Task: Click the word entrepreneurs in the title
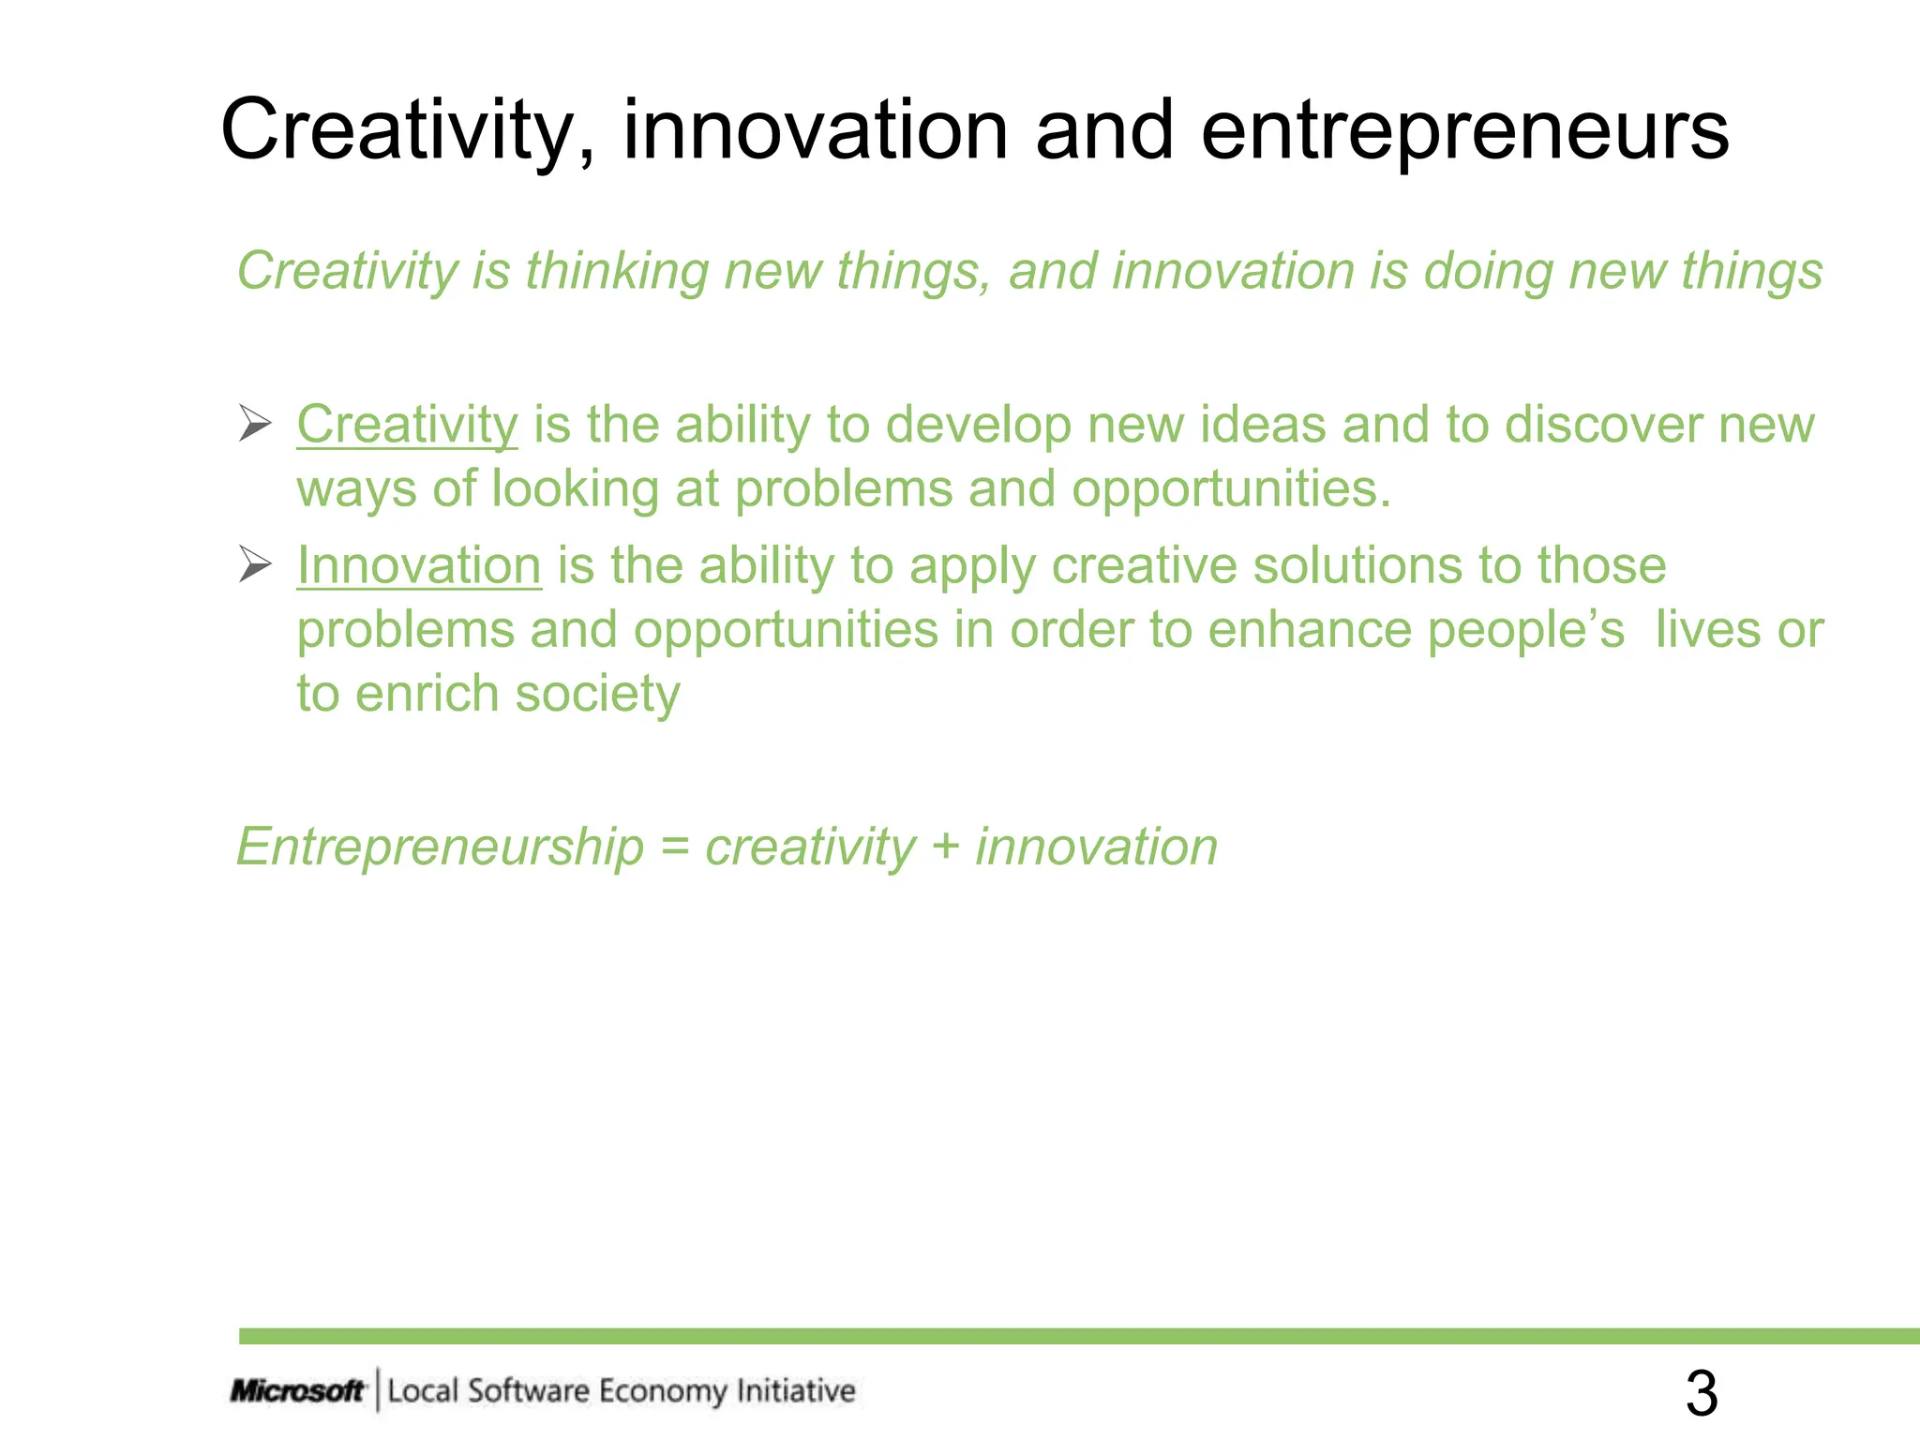pos(1464,131)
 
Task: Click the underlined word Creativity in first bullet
pos(407,425)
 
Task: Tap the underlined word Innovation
pos(419,566)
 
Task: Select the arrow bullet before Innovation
pos(254,564)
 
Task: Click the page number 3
pos(1702,1393)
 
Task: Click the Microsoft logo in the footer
pos(297,1390)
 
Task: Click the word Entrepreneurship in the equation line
pos(440,847)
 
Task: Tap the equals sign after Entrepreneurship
pos(675,847)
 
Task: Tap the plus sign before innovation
pos(945,847)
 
